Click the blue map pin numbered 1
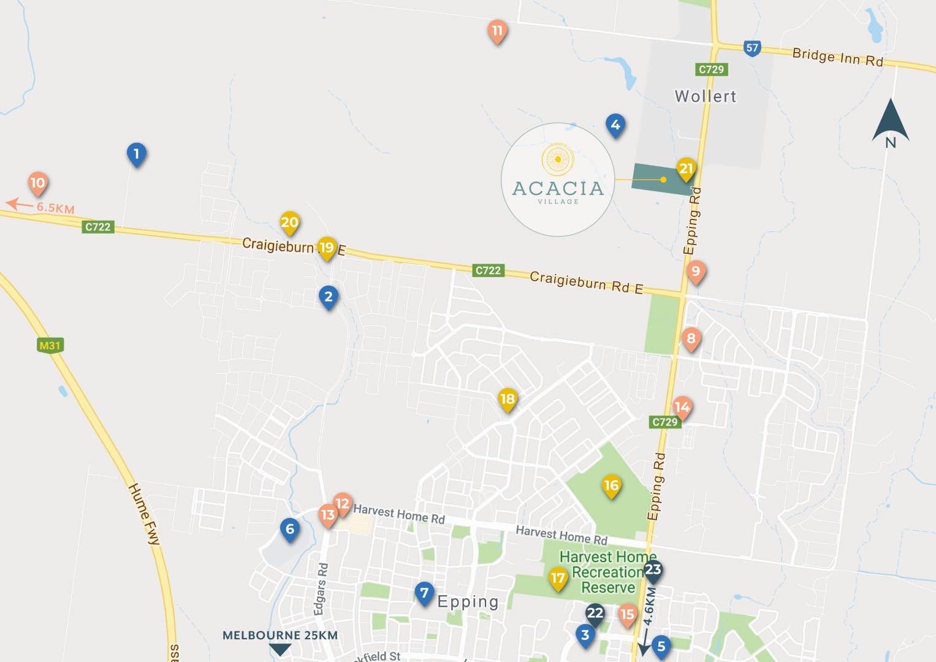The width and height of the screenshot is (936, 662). tap(136, 154)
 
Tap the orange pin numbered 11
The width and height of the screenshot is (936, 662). tap(497, 31)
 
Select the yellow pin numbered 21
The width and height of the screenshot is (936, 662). tap(686, 169)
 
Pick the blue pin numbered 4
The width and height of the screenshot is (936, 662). tap(615, 125)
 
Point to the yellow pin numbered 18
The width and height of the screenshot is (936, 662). tap(508, 399)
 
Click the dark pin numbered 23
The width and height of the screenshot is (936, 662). tap(653, 569)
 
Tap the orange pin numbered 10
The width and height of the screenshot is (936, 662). tap(38, 183)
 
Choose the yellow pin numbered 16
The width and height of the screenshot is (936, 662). tap(611, 486)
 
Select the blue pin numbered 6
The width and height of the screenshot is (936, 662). tap(290, 529)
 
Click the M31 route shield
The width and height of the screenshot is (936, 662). tap(50, 346)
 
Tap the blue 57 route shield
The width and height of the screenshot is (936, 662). tap(752, 48)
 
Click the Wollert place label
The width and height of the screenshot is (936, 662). tap(705, 96)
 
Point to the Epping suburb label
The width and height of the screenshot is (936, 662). tap(468, 602)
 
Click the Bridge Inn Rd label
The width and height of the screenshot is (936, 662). tap(837, 57)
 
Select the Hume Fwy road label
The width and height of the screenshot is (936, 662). tap(144, 514)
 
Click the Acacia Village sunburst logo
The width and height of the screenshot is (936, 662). tap(558, 159)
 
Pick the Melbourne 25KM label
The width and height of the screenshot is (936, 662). tap(280, 635)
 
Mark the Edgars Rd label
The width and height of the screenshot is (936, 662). tap(321, 588)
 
